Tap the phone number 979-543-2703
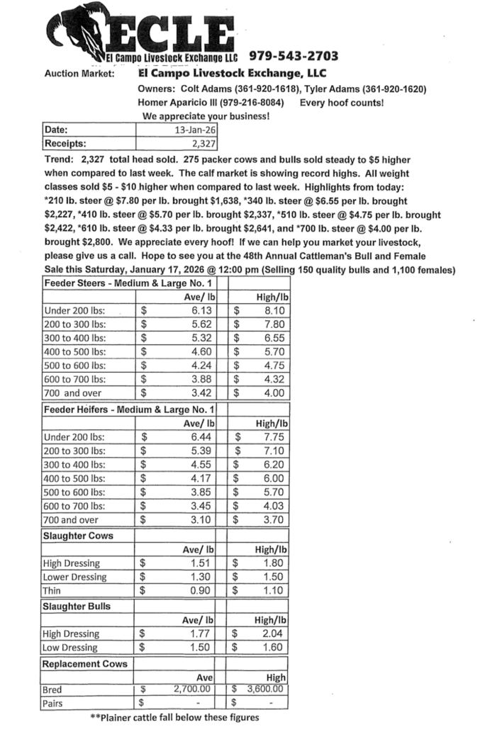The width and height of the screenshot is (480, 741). tap(293, 56)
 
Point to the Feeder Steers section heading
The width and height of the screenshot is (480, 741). tap(128, 283)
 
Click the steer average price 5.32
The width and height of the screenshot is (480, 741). tap(202, 338)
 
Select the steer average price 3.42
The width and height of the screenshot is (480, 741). tap(202, 392)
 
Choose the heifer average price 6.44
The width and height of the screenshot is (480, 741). tap(202, 437)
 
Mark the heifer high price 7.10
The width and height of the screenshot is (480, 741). tap(273, 451)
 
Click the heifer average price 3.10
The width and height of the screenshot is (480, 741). tap(202, 519)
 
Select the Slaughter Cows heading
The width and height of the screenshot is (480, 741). tap(77, 536)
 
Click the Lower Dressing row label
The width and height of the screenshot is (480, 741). tap(74, 577)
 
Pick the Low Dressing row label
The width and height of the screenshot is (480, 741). tap(71, 647)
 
